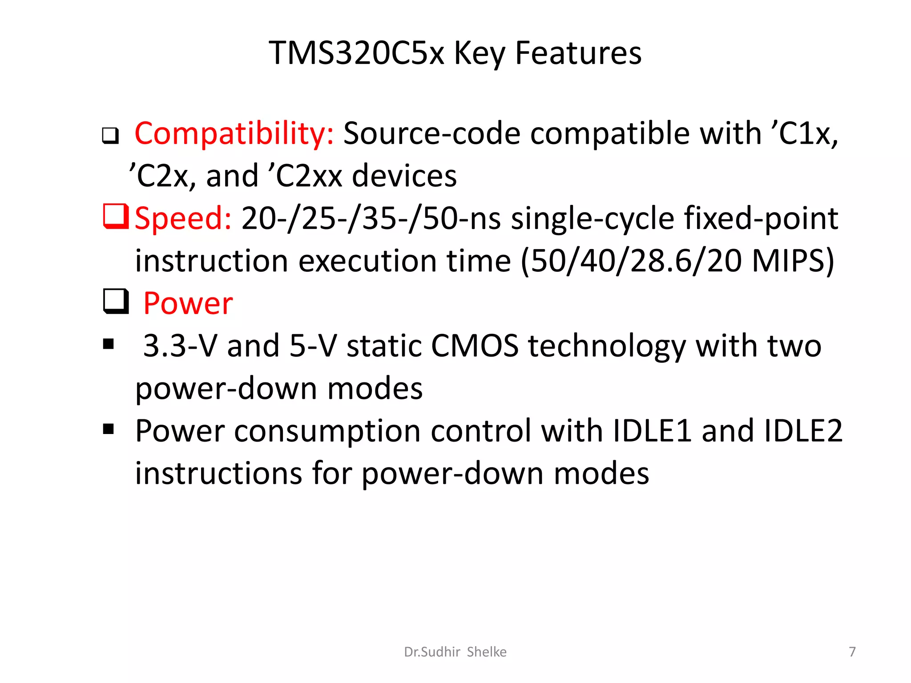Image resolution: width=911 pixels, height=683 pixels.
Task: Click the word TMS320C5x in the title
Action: pos(356,53)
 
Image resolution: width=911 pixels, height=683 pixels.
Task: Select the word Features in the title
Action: pos(578,53)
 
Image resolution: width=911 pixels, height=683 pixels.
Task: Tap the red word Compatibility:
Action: pos(234,133)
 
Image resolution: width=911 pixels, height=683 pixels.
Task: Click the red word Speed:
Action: pos(183,218)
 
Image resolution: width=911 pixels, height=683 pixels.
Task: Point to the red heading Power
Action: pos(188,304)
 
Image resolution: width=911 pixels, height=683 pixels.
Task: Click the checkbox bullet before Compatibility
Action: pos(110,135)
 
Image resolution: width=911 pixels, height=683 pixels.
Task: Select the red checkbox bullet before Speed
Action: pos(116,216)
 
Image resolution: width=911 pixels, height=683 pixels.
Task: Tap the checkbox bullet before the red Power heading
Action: pos(116,301)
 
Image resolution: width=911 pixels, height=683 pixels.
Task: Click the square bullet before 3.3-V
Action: pos(108,344)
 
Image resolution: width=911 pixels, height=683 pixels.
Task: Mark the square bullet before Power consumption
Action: pos(108,429)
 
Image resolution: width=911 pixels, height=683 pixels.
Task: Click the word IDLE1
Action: pos(652,431)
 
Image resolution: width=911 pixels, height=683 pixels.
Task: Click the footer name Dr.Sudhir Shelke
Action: pos(455,652)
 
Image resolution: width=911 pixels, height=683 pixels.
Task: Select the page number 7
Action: pos(852,652)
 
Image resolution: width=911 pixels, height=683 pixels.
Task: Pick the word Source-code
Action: pos(431,133)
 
